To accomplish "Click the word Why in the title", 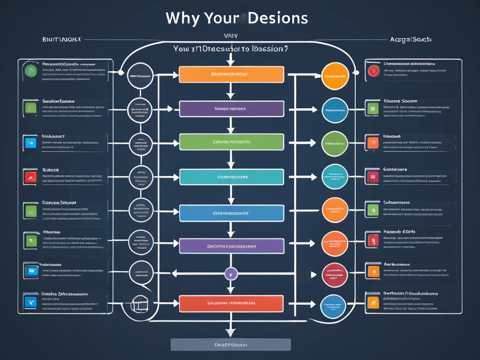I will (183, 18).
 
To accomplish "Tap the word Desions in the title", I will (278, 18).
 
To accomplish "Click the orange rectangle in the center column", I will (232, 75).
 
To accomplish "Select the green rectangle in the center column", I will (232, 142).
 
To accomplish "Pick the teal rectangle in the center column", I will (232, 177).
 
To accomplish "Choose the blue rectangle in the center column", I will (232, 213).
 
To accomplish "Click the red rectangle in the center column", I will (232, 303).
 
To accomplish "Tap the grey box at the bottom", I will (231, 345).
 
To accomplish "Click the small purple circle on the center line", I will (231, 274).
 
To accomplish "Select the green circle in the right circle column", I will (335, 144).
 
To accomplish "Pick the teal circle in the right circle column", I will (335, 177).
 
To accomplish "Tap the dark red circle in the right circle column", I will (335, 275).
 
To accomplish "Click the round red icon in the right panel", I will (373, 71).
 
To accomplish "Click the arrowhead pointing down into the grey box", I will (230, 332).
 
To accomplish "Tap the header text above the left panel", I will (61, 40).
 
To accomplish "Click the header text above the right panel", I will (411, 40).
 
